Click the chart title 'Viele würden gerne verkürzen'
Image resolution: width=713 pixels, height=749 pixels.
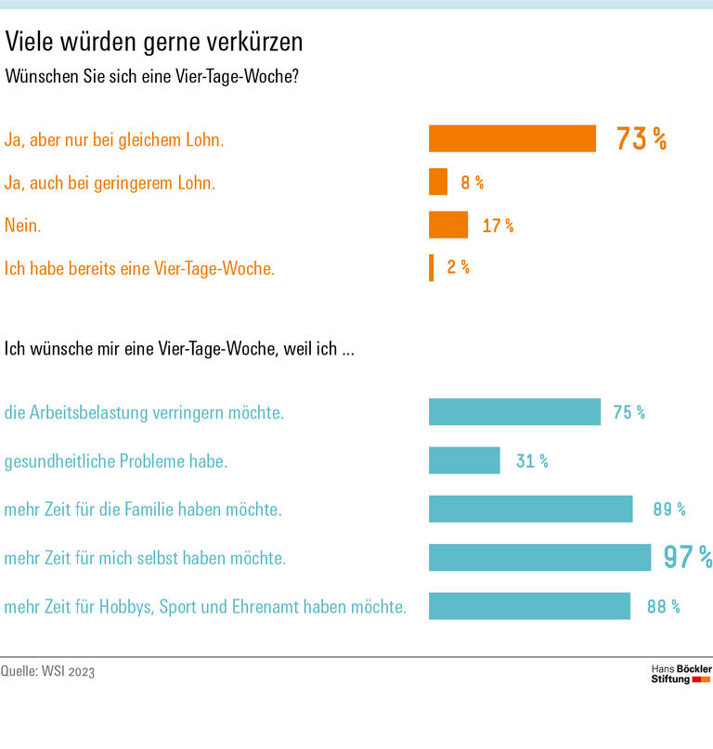coord(154,43)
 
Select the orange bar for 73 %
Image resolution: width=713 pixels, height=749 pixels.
coord(512,138)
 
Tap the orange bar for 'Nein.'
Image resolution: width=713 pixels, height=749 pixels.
coord(447,225)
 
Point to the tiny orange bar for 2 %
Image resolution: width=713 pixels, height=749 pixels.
coord(431,267)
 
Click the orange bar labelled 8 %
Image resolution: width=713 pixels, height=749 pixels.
coord(437,182)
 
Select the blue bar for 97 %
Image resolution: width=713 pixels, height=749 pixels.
coord(539,557)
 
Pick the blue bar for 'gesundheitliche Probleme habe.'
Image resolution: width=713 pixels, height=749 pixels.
coord(464,460)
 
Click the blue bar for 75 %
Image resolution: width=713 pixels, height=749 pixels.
coord(514,412)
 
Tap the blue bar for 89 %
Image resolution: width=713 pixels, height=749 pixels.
coord(530,509)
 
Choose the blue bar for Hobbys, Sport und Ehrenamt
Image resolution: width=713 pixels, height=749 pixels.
coord(529,606)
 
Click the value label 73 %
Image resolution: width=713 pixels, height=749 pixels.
coord(642,139)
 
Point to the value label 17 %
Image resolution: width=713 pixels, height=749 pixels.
coord(498,226)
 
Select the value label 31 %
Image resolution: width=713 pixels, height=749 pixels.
coord(532,461)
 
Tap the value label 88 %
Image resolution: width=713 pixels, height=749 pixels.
coord(663,607)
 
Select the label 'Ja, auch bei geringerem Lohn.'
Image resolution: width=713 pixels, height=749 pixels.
coord(110,183)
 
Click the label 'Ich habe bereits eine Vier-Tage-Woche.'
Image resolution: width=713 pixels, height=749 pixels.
coord(140,269)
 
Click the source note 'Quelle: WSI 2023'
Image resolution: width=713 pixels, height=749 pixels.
coord(47,671)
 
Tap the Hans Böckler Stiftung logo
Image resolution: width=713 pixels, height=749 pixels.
coord(681,674)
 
